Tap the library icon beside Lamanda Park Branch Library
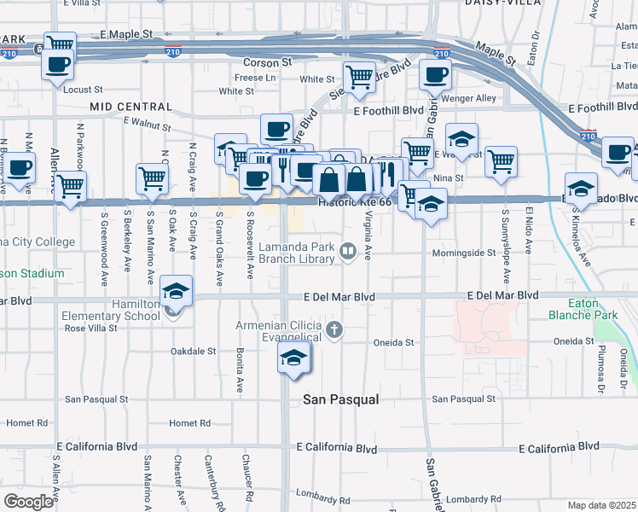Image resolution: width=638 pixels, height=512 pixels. click(x=348, y=251)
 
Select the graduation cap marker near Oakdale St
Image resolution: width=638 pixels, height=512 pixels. click(x=294, y=358)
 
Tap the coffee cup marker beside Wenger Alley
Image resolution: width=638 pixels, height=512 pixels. click(x=435, y=74)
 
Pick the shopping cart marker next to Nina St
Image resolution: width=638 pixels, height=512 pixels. click(x=502, y=160)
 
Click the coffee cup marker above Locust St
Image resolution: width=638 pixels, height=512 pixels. click(x=58, y=64)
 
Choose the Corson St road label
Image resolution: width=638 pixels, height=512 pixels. click(x=268, y=63)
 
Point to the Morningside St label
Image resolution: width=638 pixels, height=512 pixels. click(x=463, y=253)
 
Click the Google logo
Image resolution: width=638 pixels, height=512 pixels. click(x=28, y=502)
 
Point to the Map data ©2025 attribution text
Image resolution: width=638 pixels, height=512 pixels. click(x=602, y=505)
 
